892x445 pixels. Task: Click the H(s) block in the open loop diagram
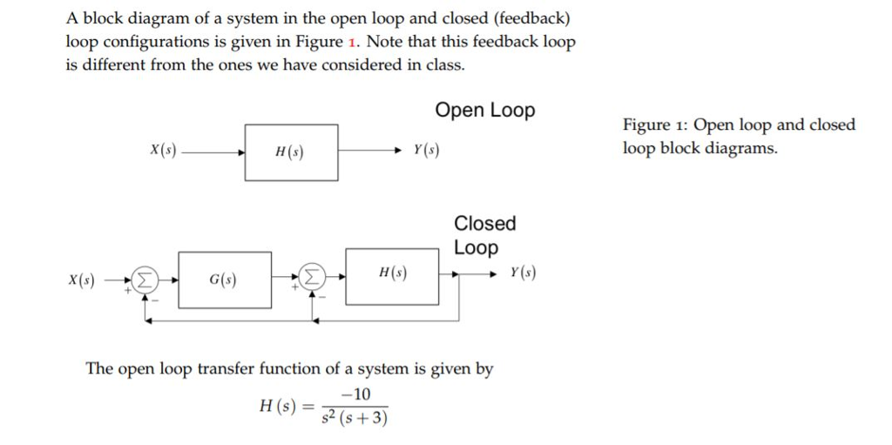point(291,152)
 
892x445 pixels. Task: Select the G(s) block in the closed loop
point(224,280)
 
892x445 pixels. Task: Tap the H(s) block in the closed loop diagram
point(392,276)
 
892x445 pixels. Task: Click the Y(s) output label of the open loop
point(426,150)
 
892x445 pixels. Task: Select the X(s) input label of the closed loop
point(83,280)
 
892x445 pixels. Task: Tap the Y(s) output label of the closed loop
point(524,273)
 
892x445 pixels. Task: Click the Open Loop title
point(485,111)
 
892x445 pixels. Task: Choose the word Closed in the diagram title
point(485,224)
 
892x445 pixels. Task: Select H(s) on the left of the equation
point(279,406)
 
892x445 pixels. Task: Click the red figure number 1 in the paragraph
point(353,42)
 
